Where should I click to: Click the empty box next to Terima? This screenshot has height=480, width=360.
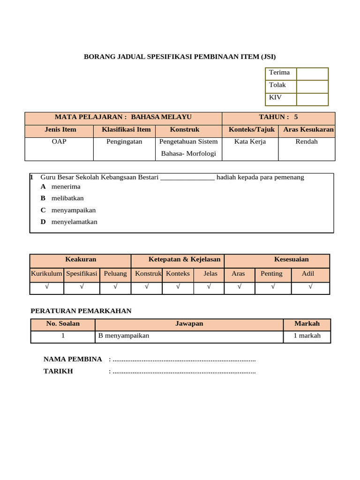pyautogui.click(x=312, y=74)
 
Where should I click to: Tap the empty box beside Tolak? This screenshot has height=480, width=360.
pyautogui.click(x=312, y=87)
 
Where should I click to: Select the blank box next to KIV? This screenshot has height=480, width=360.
pyautogui.click(x=312, y=99)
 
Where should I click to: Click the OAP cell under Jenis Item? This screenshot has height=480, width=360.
pyautogui.click(x=59, y=142)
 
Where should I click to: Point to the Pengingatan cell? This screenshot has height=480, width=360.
pyautogui.click(x=124, y=142)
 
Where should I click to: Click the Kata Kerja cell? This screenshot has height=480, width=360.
pyautogui.click(x=250, y=142)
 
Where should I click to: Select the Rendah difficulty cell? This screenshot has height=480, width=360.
pyautogui.click(x=307, y=142)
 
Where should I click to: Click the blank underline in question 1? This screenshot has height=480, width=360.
pyautogui.click(x=187, y=178)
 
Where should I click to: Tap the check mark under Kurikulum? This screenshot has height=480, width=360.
pyautogui.click(x=46, y=287)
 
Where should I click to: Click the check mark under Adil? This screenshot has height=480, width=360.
pyautogui.click(x=310, y=287)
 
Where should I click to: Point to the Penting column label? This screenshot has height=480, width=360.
pyautogui.click(x=272, y=274)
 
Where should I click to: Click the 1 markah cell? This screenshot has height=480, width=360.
pyautogui.click(x=307, y=336)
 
